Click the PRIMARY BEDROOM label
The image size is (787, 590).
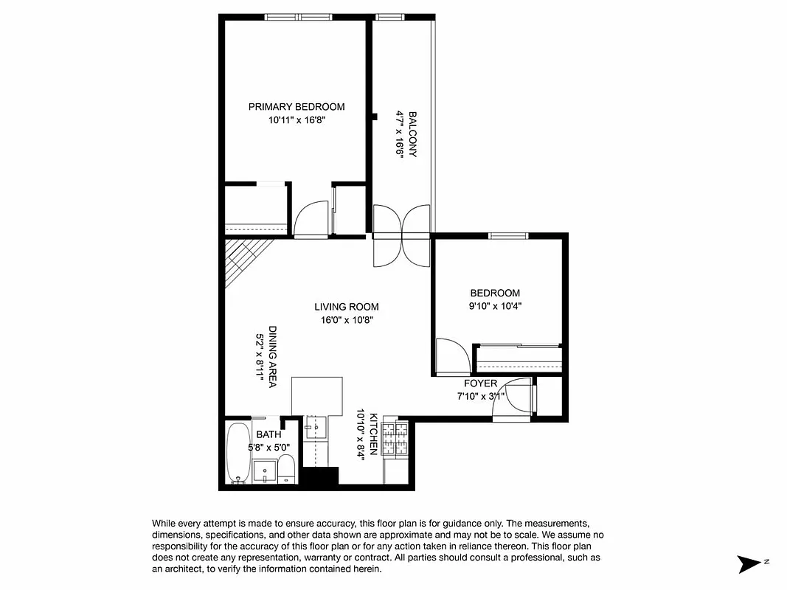coord(296,107)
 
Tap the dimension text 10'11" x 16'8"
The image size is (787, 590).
coord(296,121)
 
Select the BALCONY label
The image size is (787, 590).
coord(413,133)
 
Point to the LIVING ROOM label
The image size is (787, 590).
coord(346,307)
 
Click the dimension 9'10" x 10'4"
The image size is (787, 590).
coord(495,306)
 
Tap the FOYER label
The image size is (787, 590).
coord(480,383)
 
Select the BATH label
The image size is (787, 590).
coord(268,435)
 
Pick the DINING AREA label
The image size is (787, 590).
coord(272,357)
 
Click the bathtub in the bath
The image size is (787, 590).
coord(238,453)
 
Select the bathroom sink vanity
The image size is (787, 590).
coord(265,470)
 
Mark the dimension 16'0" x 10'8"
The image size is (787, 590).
coord(346,321)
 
